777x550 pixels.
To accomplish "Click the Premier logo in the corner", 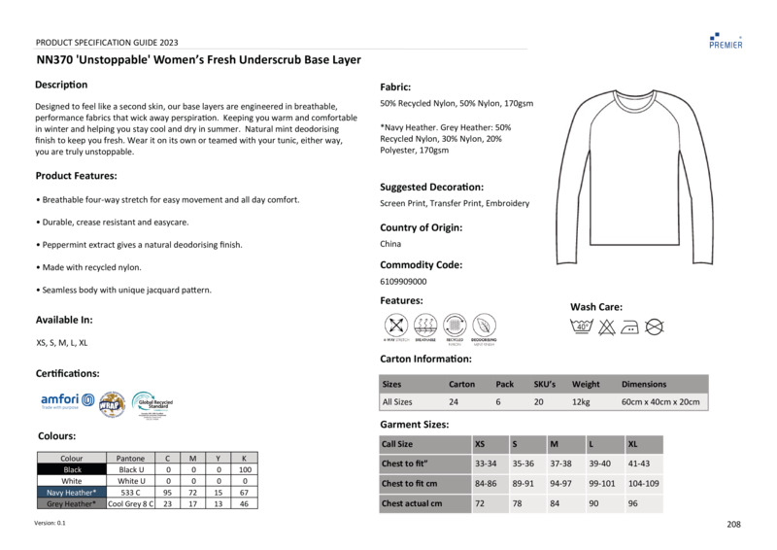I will [x=726, y=40].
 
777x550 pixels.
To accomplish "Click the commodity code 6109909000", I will [x=403, y=281].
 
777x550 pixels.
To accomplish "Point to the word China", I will [x=390, y=244].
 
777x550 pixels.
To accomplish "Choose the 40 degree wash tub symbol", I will [x=583, y=327].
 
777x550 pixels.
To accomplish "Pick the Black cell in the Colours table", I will [x=71, y=469].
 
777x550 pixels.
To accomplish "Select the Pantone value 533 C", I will [x=130, y=493].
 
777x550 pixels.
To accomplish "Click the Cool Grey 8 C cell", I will [x=130, y=504].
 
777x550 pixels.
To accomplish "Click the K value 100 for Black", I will [x=245, y=469].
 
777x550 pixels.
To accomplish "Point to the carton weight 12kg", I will [x=582, y=401].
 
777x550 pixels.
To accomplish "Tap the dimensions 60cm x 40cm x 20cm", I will [x=660, y=401].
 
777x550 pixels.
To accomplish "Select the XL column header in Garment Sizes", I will [x=633, y=444].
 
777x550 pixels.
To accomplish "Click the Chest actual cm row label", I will [x=412, y=503].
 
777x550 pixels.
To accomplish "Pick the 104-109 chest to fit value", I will [x=643, y=483].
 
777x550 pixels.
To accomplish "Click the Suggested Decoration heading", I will [x=431, y=187].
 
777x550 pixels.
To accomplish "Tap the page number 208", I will [x=733, y=525].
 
